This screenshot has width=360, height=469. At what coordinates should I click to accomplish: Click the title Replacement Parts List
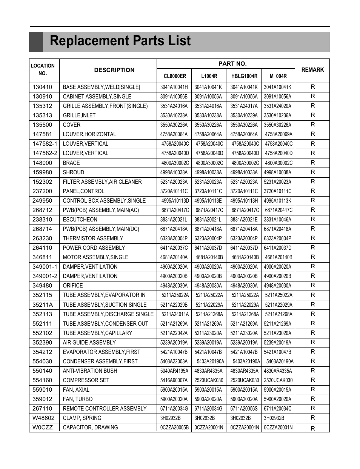point(120,41)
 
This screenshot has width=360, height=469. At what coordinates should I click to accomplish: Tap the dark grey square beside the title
point(36,42)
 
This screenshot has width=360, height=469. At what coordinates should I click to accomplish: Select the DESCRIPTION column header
point(114,70)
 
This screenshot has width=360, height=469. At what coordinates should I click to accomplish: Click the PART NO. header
point(232,64)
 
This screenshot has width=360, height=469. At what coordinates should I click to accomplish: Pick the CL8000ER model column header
point(175,76)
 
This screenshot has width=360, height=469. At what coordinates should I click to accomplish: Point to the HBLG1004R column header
point(244,76)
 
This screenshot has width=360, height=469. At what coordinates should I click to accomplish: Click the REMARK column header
point(312,70)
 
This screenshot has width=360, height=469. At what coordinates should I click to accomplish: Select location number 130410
point(42,87)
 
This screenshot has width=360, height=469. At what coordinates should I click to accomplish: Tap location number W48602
point(43,418)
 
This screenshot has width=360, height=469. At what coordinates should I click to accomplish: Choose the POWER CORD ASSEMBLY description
point(94,248)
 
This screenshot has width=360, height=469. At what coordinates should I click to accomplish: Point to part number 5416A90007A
point(174,380)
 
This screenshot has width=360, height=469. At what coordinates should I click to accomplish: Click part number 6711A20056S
point(244,409)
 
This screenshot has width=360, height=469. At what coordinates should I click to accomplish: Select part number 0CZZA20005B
point(174,427)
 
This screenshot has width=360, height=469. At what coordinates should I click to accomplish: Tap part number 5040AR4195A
point(174,371)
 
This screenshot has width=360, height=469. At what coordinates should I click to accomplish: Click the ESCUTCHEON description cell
point(80,220)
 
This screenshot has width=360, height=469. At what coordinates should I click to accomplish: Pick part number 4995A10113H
point(244,201)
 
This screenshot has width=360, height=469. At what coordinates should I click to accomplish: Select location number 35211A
point(43,305)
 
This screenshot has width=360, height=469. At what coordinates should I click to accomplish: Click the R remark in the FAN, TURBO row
point(312,399)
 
